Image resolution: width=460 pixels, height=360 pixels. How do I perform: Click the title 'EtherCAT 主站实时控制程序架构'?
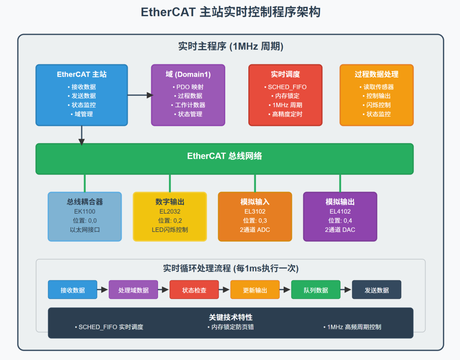click(230, 12)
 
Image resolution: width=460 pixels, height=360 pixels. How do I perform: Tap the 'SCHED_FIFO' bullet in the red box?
click(285, 87)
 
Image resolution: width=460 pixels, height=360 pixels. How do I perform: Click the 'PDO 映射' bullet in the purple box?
click(188, 87)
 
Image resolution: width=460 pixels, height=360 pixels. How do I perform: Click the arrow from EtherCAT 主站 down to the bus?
click(81, 135)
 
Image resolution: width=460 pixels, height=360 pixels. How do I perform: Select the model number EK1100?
click(85, 211)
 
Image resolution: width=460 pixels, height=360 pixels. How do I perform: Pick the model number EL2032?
click(170, 211)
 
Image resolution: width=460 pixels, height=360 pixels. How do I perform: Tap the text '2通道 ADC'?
click(255, 230)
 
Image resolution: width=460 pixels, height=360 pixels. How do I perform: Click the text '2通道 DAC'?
click(340, 230)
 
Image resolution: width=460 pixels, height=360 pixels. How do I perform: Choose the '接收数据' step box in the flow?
click(72, 290)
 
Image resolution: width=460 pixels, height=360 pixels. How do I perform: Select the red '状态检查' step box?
click(194, 290)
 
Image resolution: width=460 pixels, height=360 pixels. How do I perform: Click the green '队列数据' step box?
click(316, 290)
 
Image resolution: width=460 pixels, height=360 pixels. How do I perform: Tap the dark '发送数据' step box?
click(377, 290)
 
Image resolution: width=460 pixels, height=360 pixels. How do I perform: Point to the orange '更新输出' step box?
click(255, 290)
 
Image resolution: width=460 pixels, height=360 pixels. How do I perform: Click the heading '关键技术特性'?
click(230, 317)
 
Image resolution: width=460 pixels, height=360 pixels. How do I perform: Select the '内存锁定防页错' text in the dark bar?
click(230, 327)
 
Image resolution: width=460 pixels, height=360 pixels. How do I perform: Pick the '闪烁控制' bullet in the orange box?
click(377, 105)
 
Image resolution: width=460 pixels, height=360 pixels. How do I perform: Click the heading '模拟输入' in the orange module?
click(255, 202)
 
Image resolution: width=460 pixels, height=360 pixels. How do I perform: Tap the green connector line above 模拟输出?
click(340, 183)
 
